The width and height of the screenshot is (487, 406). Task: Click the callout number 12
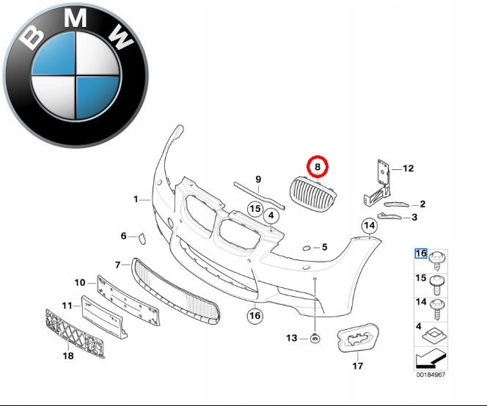point(409,169)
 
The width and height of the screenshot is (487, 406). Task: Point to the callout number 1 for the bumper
point(136,199)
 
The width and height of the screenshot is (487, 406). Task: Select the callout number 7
point(118,264)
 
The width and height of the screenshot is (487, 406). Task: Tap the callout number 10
point(80,282)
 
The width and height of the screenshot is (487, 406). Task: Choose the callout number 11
point(66,305)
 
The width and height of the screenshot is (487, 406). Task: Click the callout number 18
point(68,357)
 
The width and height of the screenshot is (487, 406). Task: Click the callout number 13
point(291,338)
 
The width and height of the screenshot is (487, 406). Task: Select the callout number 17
point(359,366)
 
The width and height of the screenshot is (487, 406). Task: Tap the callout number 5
point(324,247)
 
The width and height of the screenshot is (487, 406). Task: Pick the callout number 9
point(257,180)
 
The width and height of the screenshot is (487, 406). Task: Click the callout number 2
point(422,204)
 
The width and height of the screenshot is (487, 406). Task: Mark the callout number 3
point(414,217)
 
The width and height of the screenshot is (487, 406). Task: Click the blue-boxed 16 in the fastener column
point(421,254)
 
